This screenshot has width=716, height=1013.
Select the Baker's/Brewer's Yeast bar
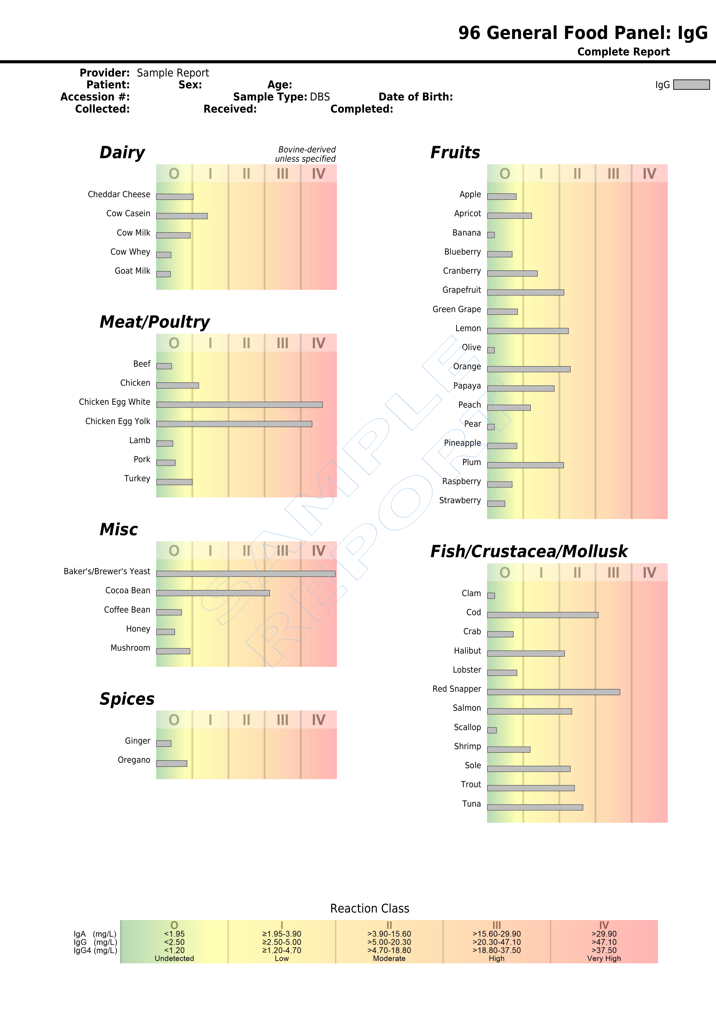point(246,574)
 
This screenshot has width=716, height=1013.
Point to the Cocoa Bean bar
point(213,593)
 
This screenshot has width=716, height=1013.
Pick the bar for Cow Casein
point(182,216)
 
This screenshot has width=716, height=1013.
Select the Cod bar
point(542,615)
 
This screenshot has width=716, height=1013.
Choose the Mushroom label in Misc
point(130,648)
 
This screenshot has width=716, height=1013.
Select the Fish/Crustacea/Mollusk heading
point(529,551)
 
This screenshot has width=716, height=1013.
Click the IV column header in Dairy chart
point(318,174)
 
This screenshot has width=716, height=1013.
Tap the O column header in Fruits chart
point(505,174)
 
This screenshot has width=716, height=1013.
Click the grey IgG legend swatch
point(691,84)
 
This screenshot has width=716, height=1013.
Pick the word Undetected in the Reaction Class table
point(174,958)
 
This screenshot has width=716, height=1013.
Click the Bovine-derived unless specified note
point(306,154)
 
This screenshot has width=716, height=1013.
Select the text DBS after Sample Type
point(320,97)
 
